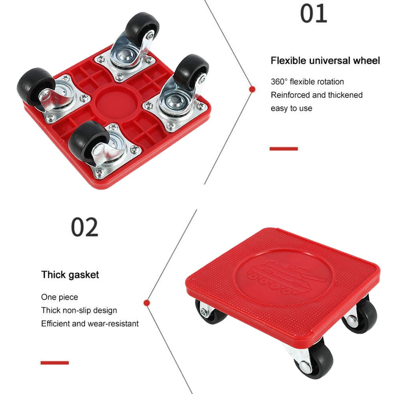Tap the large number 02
[84, 228]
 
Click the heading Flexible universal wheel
[325, 61]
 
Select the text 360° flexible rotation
[307, 82]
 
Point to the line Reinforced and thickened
[316, 95]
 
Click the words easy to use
[291, 108]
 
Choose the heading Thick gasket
[70, 275]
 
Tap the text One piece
[60, 297]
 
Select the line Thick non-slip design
[79, 310]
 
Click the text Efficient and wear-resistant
[90, 324]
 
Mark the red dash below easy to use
[284, 148]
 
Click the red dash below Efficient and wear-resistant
[55, 363]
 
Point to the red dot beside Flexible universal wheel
[252, 89]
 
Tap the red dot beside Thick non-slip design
[147, 302]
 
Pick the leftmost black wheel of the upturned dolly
[34, 87]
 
